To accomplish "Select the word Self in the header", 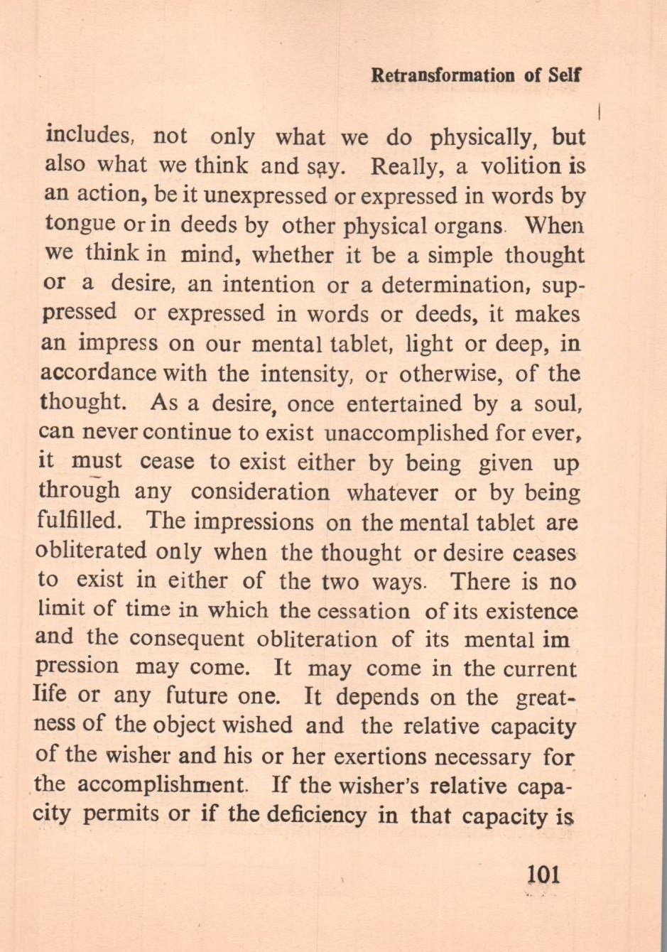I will (x=565, y=76).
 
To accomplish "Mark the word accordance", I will (x=98, y=373).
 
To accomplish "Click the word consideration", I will (x=260, y=492).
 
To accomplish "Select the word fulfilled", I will (x=76, y=522).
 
